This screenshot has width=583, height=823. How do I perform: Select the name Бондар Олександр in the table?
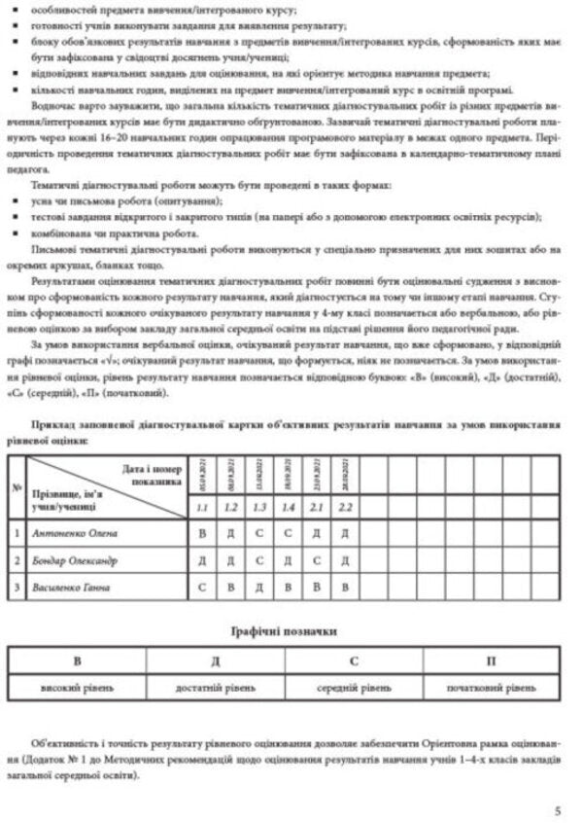click(x=79, y=560)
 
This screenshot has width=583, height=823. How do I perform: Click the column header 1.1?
click(x=203, y=507)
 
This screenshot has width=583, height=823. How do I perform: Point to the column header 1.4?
click(x=290, y=507)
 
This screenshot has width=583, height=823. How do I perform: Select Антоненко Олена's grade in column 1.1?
click(x=203, y=533)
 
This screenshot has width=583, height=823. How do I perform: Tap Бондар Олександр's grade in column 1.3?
click(x=260, y=560)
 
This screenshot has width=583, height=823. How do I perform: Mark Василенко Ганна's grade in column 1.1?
click(x=203, y=588)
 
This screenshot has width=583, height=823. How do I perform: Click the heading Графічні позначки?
click(x=291, y=631)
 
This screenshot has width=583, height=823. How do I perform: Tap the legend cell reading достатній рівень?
click(x=216, y=688)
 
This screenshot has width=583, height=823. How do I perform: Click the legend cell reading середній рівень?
click(x=354, y=688)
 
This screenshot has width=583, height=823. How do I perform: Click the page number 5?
click(x=557, y=808)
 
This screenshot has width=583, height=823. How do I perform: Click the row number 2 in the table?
click(x=17, y=560)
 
